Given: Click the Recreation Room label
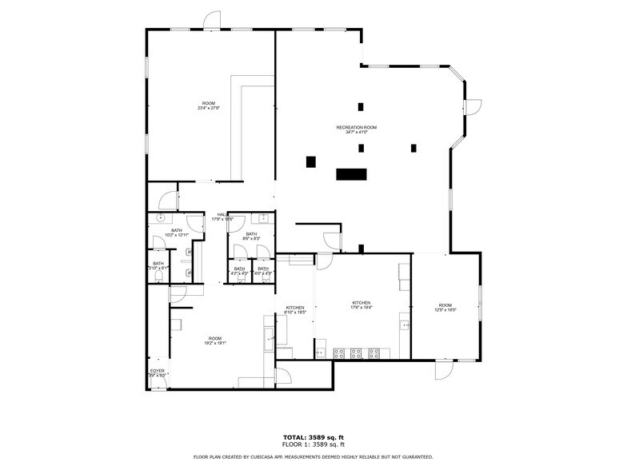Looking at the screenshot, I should [x=356, y=129].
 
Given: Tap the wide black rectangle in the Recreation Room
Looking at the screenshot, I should [x=350, y=173].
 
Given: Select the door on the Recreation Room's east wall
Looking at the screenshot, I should [x=473, y=106].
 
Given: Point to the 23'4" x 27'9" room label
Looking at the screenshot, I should [x=209, y=106].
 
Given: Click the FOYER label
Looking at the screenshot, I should [x=158, y=372].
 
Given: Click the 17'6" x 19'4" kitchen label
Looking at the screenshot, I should [x=362, y=305].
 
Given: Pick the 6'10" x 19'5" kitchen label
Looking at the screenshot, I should [x=295, y=310].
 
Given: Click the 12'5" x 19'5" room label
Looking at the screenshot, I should [x=445, y=308].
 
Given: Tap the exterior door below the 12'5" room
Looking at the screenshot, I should [x=444, y=369].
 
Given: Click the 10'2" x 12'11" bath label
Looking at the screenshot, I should [x=176, y=233].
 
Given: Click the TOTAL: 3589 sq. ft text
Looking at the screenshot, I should [x=313, y=437].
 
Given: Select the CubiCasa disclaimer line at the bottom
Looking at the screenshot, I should [x=313, y=457].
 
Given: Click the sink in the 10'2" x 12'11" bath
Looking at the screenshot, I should [x=161, y=218].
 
